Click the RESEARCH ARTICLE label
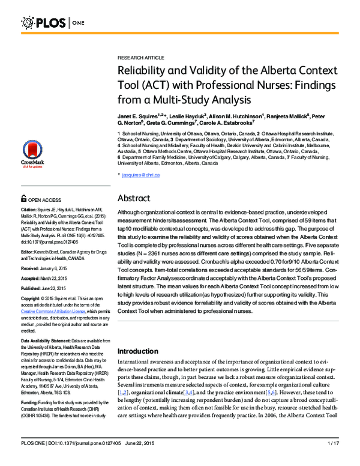tap(138, 54)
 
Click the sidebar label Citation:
tap(31, 210)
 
